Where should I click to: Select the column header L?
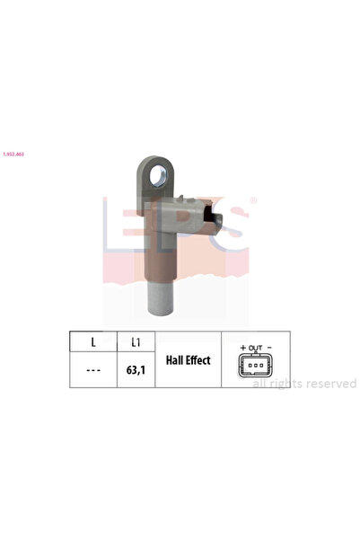pos(93,343)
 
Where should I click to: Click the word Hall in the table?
pos(175,360)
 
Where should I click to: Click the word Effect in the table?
pos(197,360)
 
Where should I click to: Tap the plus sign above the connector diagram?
pos(242,346)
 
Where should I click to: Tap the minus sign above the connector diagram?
pos(269,346)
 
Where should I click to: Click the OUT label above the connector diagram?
pos(256,346)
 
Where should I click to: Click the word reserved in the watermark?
pos(330,384)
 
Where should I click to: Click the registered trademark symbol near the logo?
pos(252,199)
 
